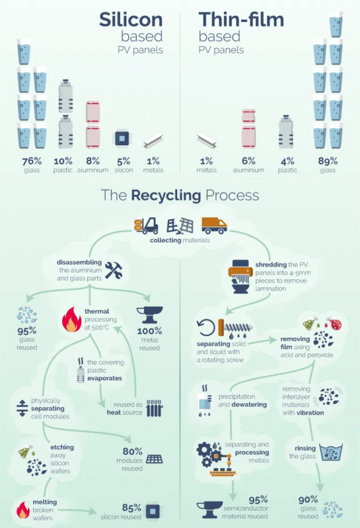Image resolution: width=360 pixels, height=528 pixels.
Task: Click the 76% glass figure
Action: [32, 161]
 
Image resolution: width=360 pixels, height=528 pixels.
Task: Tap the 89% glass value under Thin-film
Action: [328, 161]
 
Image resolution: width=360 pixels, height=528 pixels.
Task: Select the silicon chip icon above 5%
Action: [122, 138]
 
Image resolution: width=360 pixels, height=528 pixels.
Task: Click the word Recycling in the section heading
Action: [166, 195]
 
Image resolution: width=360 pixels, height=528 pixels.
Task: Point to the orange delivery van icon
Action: [214, 225]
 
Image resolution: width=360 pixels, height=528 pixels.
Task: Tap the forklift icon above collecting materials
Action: [146, 226]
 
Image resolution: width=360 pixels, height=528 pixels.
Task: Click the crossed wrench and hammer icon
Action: [113, 270]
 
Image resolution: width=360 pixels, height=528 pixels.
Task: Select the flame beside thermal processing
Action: [71, 319]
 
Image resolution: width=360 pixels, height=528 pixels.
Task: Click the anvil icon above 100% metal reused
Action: [150, 315]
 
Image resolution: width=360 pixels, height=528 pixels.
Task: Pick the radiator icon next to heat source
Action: [155, 408]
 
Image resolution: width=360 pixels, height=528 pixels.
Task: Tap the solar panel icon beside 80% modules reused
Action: [155, 459]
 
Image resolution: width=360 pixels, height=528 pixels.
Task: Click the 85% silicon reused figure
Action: [131, 508]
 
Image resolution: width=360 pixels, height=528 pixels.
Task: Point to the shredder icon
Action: [240, 276]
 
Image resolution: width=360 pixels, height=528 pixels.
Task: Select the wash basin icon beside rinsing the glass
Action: [331, 452]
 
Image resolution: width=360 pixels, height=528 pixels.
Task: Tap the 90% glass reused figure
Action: [308, 500]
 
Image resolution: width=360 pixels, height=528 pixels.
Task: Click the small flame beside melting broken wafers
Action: [23, 510]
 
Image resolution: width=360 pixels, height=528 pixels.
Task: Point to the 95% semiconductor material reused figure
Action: [258, 500]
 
